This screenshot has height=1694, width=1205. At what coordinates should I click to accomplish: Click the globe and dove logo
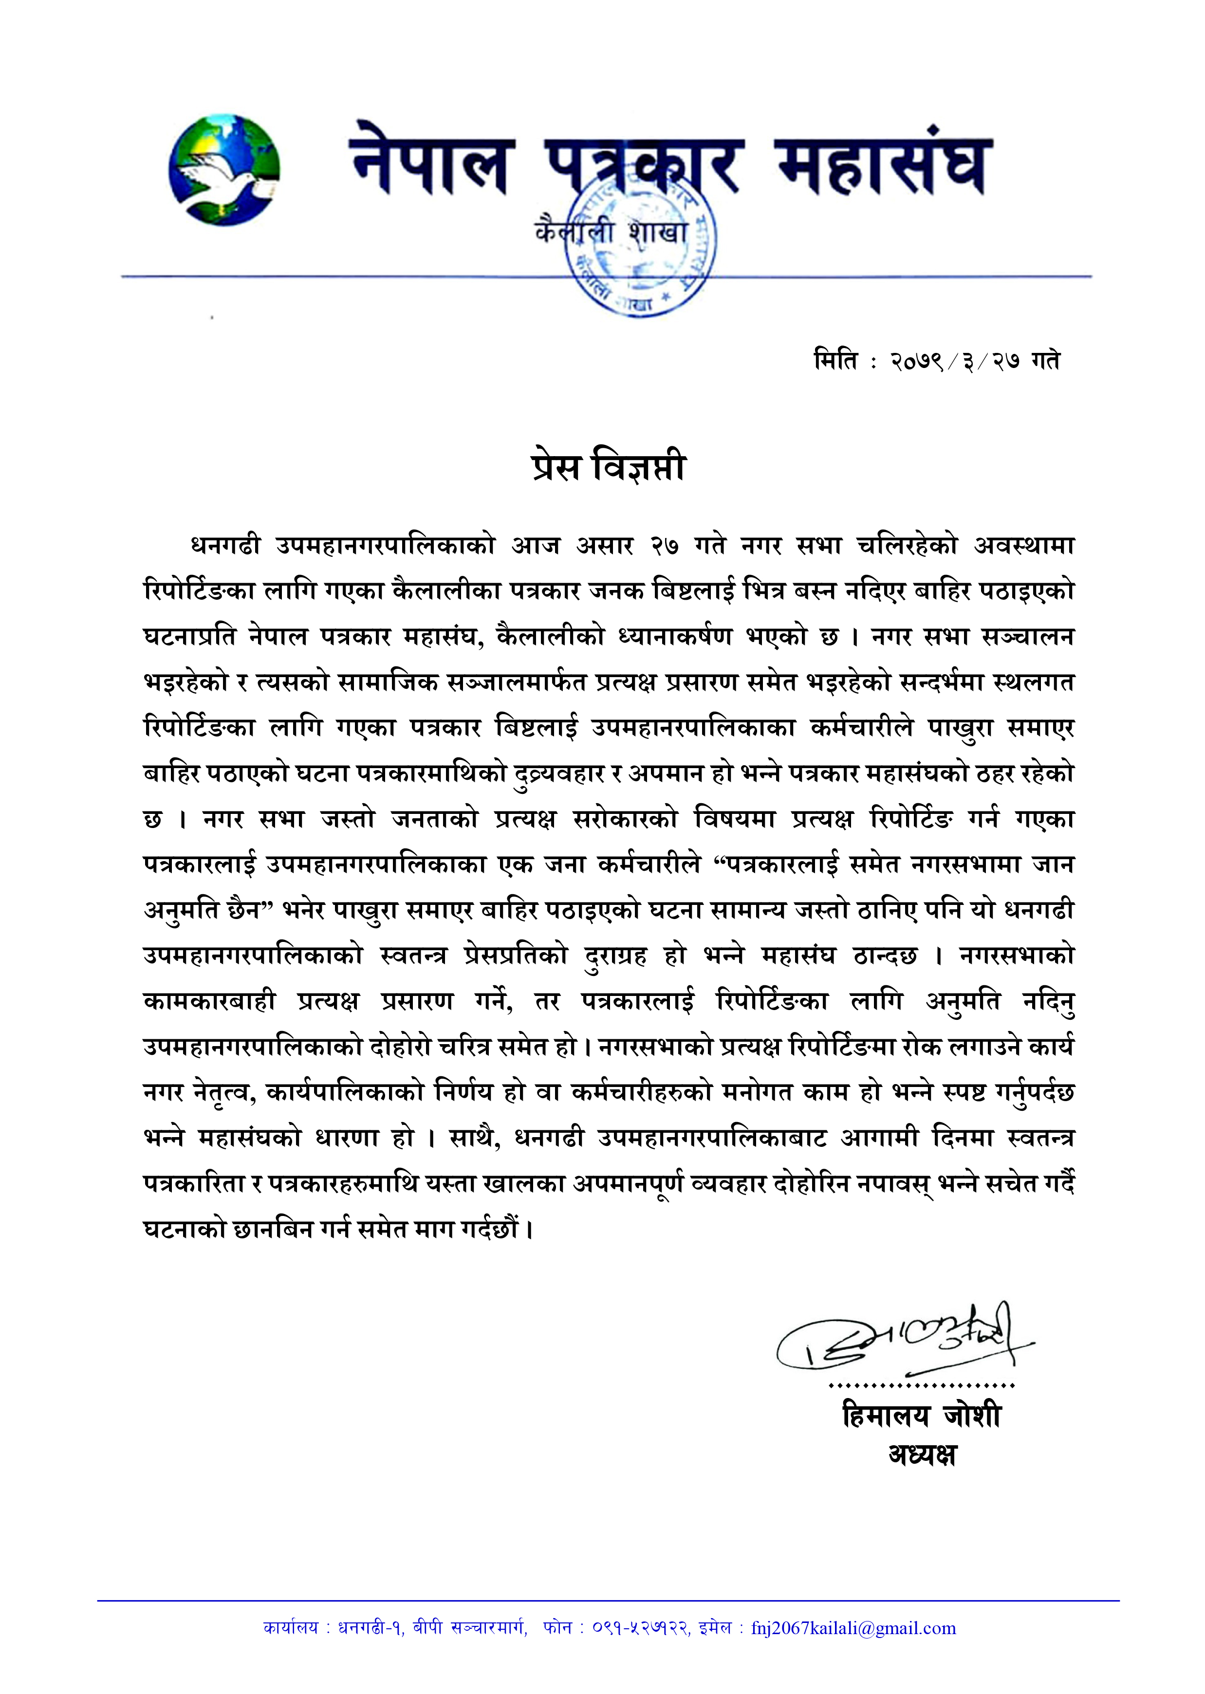(x=224, y=170)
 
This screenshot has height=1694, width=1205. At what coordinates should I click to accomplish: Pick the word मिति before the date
(x=835, y=361)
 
